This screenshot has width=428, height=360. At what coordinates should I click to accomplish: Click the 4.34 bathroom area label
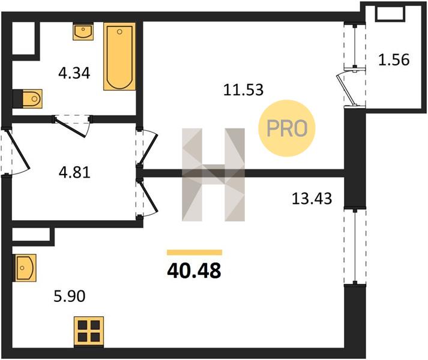click(x=74, y=73)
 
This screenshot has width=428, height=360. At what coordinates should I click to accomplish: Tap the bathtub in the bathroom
click(x=119, y=56)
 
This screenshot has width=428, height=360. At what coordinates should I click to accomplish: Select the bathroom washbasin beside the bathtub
click(x=83, y=32)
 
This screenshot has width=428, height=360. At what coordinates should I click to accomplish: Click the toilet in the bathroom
click(x=28, y=98)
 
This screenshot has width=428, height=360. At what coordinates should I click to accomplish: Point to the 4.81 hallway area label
click(x=74, y=172)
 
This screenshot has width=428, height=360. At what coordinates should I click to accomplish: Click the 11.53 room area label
click(x=243, y=90)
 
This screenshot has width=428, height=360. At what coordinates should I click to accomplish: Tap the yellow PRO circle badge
click(x=287, y=128)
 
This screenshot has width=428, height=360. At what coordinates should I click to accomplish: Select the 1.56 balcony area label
click(x=394, y=60)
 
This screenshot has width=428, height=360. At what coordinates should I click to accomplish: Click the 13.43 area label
click(x=312, y=199)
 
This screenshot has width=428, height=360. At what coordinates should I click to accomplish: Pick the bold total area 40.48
click(x=194, y=271)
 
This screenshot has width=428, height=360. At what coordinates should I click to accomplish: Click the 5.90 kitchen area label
click(x=69, y=296)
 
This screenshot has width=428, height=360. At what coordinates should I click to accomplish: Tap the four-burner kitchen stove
click(x=89, y=331)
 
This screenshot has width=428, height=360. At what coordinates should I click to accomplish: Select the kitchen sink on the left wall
click(x=25, y=268)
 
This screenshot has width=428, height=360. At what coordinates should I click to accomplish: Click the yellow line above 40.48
click(x=194, y=253)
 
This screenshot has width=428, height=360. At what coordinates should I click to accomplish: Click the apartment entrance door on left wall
click(x=16, y=152)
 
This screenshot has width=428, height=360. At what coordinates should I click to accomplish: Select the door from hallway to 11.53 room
click(x=148, y=148)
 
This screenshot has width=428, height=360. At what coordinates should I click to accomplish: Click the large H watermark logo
click(x=213, y=175)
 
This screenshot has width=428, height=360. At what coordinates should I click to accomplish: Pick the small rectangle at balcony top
click(x=390, y=14)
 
